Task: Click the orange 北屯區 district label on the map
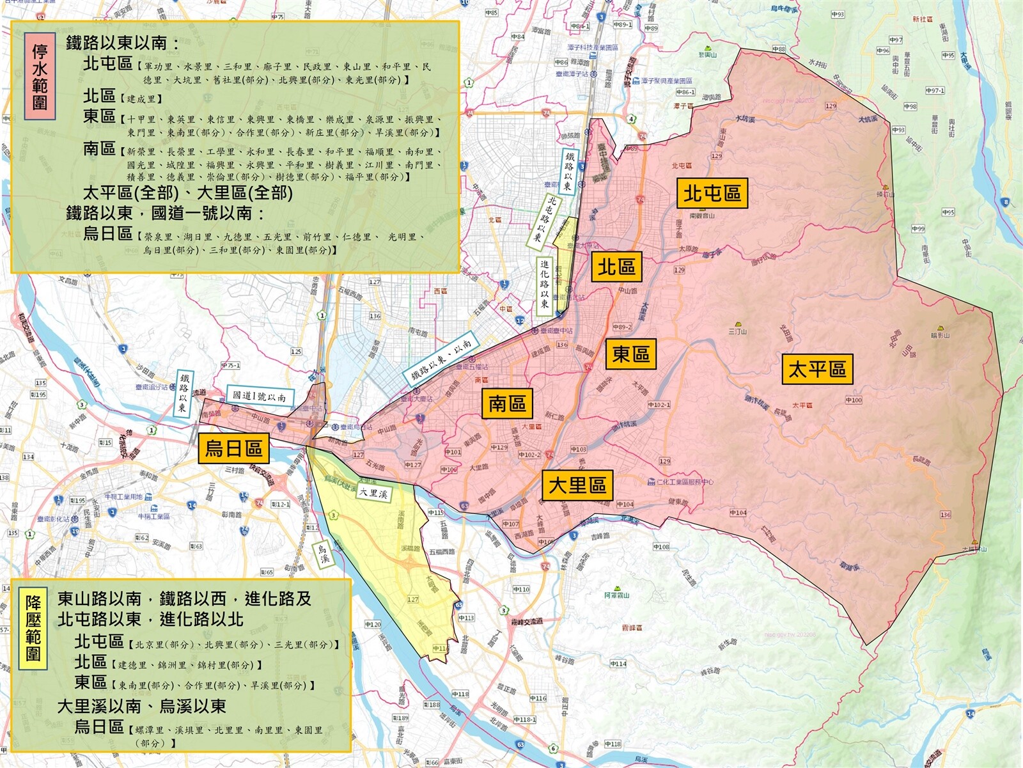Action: tap(712, 193)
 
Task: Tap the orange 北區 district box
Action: tap(616, 267)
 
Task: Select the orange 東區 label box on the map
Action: tap(630, 354)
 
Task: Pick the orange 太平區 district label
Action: tap(817, 369)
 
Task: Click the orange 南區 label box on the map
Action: tap(507, 404)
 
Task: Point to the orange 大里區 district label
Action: tap(577, 485)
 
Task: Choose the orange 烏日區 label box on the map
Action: tap(233, 448)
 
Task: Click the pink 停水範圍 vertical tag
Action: tap(40, 77)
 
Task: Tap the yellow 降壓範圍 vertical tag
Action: tap(33, 628)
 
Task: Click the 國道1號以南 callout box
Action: tap(259, 396)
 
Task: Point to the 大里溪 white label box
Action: tap(373, 493)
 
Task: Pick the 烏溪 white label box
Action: tap(323, 554)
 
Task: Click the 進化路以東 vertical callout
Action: tap(544, 284)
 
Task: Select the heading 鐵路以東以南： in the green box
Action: tap(123, 43)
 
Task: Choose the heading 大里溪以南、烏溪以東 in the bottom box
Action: tap(141, 706)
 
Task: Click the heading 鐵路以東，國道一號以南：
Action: tap(166, 213)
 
